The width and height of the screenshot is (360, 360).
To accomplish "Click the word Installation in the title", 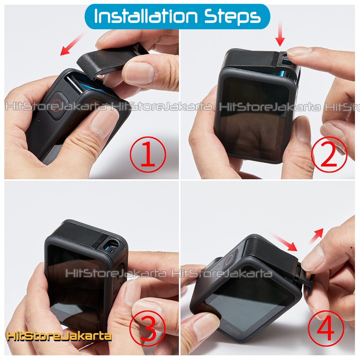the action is (x=145, y=16).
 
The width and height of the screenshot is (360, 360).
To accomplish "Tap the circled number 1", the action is (x=148, y=154).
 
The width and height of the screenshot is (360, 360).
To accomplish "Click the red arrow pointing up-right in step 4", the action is (x=316, y=236).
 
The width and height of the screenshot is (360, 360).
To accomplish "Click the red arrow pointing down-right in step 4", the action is (x=284, y=242).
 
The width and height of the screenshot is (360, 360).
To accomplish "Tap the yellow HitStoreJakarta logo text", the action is (x=59, y=336).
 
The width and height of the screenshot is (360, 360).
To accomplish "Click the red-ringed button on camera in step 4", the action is (x=230, y=260).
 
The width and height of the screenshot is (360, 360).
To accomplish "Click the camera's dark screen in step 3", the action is (x=75, y=287).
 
